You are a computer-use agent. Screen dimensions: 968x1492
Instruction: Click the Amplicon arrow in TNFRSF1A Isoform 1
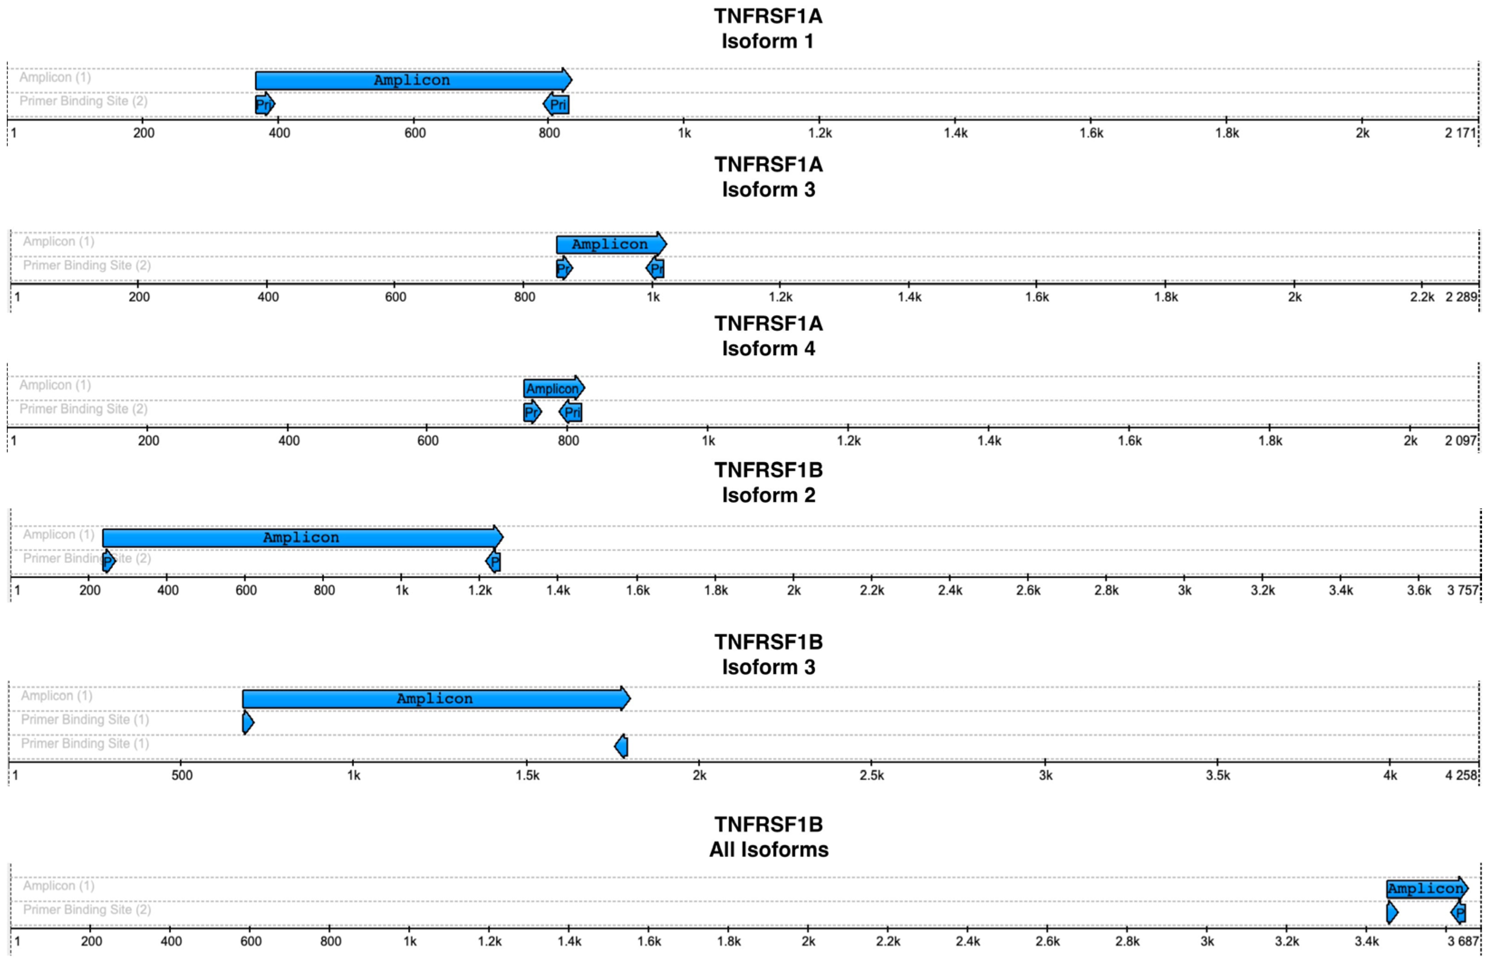tap(412, 80)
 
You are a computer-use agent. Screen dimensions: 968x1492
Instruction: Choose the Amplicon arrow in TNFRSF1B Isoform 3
tap(435, 698)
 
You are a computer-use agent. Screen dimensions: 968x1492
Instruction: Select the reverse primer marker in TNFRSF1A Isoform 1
tap(557, 104)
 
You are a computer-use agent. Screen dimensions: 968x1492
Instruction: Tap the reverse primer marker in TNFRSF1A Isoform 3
tap(655, 269)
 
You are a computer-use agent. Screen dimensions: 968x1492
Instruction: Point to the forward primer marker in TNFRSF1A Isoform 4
tap(531, 412)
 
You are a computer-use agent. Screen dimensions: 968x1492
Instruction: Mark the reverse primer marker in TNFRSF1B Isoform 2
tap(493, 561)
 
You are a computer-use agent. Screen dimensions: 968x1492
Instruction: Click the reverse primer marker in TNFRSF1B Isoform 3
tap(621, 746)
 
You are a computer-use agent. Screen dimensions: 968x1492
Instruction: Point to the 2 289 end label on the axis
tap(1461, 297)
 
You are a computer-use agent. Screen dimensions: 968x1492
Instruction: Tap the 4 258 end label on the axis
tap(1461, 775)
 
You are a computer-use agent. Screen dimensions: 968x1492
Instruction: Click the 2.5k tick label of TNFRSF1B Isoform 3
tap(871, 775)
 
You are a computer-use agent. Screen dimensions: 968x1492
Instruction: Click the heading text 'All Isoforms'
tap(768, 850)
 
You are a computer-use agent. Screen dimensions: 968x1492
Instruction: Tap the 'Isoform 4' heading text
tap(768, 348)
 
